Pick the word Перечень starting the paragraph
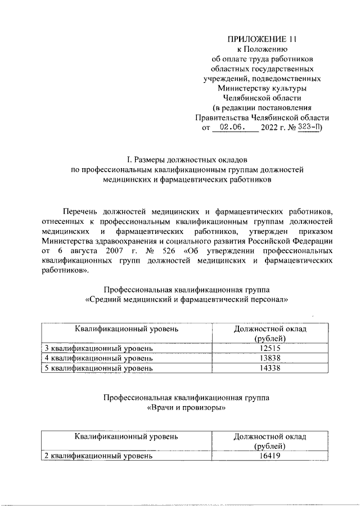(x=79, y=211)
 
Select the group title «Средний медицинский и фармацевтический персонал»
(x=186, y=300)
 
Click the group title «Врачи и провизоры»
(x=186, y=408)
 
